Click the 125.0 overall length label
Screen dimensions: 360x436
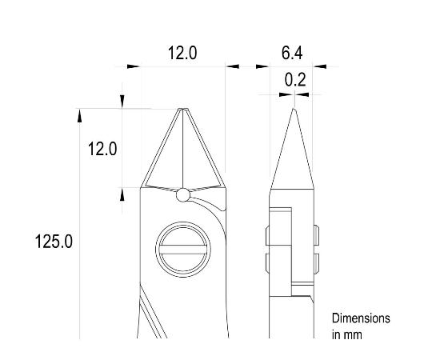[x=54, y=241]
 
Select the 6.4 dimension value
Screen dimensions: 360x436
[x=292, y=54]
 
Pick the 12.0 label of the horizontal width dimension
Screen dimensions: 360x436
[x=182, y=54]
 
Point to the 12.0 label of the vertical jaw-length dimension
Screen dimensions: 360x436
[x=102, y=149]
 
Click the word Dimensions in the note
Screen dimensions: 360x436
[x=361, y=318]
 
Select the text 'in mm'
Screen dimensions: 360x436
[x=346, y=334]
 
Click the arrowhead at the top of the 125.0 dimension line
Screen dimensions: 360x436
[x=79, y=114]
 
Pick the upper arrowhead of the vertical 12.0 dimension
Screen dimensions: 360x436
[x=122, y=100]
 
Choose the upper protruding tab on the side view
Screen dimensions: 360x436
[x=315, y=236]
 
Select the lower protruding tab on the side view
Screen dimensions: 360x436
[x=315, y=263]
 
